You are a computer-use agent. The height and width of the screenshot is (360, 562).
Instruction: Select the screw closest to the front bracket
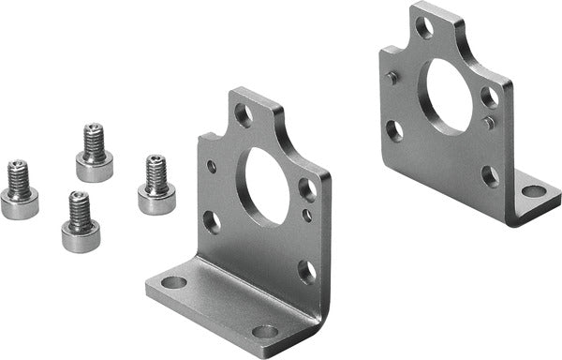tap(156, 187)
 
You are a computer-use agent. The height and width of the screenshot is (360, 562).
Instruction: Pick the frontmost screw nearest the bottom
tap(81, 223)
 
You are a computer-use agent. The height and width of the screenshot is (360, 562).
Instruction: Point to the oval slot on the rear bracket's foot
tap(533, 191)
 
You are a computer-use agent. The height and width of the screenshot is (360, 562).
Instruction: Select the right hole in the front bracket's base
tap(265, 331)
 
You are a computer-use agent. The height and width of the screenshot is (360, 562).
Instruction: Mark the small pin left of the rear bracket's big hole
tap(393, 79)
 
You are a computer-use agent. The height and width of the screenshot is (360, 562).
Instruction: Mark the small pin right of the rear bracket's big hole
tap(488, 123)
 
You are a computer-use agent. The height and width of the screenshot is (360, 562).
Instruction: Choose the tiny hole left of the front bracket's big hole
tap(212, 167)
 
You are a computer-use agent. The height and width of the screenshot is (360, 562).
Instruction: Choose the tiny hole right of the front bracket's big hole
tap(307, 215)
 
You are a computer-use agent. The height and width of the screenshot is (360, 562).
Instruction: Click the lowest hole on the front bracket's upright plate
tap(305, 272)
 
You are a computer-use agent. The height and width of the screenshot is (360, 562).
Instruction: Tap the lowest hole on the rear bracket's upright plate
tap(490, 175)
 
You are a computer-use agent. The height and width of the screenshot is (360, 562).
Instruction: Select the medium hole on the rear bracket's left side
tap(394, 130)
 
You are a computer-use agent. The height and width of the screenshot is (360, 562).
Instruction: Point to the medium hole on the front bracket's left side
tap(212, 222)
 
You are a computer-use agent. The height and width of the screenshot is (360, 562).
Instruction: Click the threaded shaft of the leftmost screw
tap(19, 176)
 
